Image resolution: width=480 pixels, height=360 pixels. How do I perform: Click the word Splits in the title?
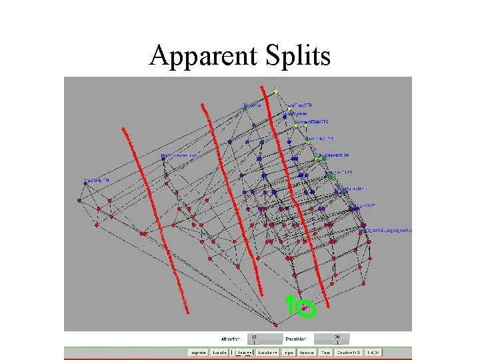[297, 56]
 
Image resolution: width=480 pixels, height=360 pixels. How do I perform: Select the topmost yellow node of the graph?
[275, 91]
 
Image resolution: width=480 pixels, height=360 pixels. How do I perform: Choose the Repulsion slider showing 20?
[331, 339]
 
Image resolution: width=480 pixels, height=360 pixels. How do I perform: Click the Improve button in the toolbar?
[198, 352]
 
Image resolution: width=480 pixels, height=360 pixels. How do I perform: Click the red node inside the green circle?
[304, 307]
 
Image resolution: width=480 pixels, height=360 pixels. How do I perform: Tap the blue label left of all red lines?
[97, 180]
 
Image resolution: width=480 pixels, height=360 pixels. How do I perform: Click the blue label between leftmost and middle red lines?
[179, 156]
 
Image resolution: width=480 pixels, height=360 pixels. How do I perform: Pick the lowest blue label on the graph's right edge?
[387, 230]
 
